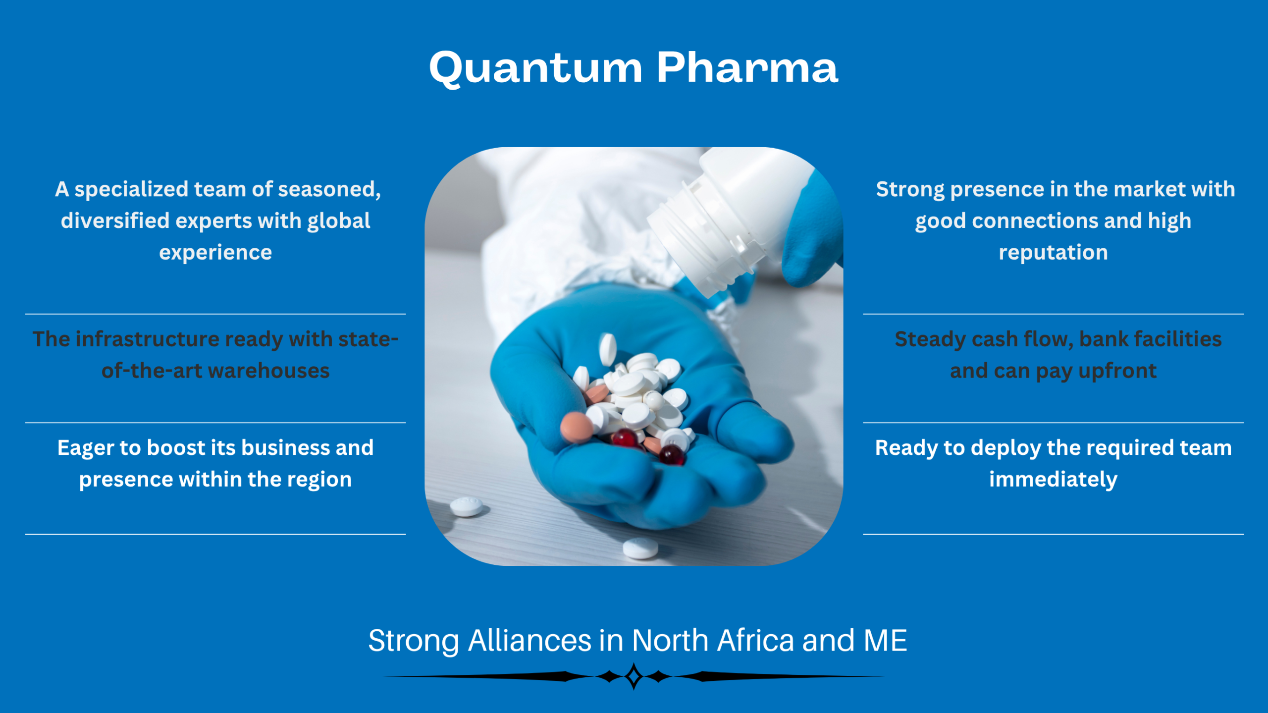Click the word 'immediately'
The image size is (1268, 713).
(1053, 480)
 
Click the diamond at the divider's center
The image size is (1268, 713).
(634, 676)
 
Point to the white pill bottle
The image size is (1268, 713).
(728, 218)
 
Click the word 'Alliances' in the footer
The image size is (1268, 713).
(529, 641)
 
